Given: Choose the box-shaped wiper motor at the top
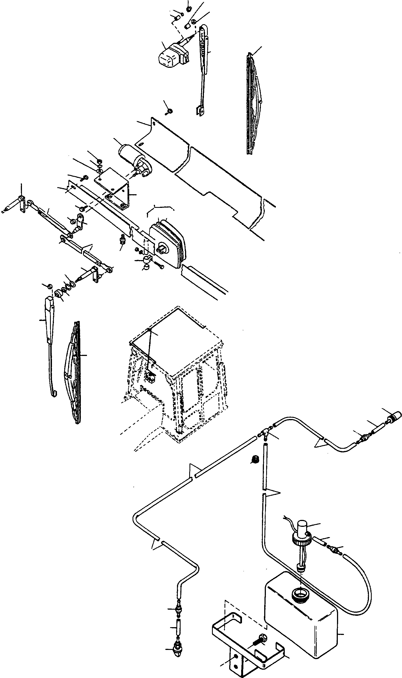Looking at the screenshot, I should pyautogui.click(x=171, y=56).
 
